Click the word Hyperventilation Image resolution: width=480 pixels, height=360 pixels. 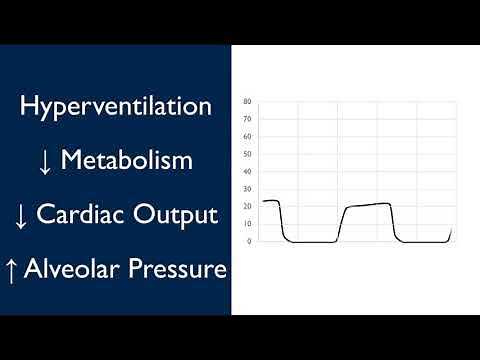115,107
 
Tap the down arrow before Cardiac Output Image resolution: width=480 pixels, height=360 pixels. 20,214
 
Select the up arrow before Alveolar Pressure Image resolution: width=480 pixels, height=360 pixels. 20,268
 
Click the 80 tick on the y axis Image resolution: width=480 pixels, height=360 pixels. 247,102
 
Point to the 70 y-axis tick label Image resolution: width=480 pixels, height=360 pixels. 247,119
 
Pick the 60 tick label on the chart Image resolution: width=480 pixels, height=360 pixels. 247,137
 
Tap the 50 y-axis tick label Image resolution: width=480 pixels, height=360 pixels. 247,154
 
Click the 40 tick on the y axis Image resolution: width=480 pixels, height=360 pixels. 247,171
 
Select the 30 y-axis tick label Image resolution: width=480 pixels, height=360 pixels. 247,189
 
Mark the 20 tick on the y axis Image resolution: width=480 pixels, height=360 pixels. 247,206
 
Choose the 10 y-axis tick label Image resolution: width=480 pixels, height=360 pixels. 247,224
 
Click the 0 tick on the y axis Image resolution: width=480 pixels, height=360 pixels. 249,241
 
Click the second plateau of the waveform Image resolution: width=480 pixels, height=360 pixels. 366,205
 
